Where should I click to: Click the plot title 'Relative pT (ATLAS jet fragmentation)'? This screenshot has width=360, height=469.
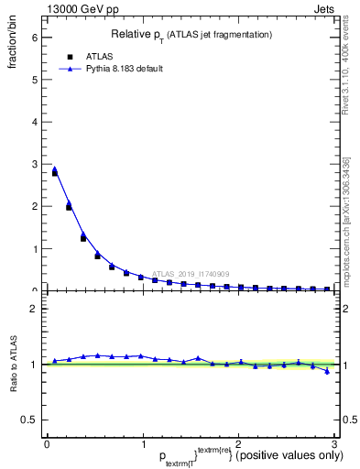coord(191,34)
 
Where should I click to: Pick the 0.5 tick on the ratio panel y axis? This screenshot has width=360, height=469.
coord(29,420)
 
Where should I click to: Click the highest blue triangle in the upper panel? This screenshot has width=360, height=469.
coord(55,169)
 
